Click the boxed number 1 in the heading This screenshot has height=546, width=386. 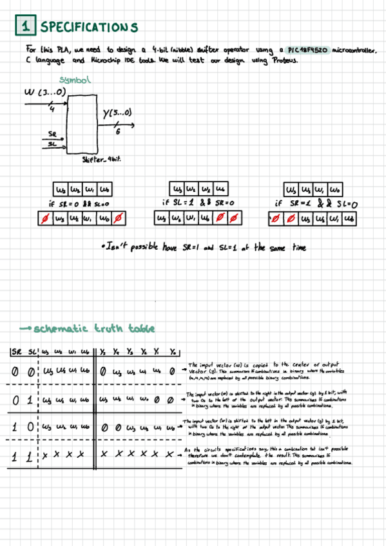click(25, 26)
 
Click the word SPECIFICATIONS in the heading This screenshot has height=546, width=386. click(88, 27)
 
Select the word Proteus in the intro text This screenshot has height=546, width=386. click(284, 61)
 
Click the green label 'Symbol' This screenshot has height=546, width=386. click(75, 80)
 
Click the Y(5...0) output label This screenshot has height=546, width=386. click(118, 114)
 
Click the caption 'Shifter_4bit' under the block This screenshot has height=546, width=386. click(102, 158)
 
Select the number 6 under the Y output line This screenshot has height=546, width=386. click(118, 131)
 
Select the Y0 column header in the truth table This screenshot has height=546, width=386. click(172, 351)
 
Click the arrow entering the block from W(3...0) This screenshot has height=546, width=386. click(58, 106)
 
